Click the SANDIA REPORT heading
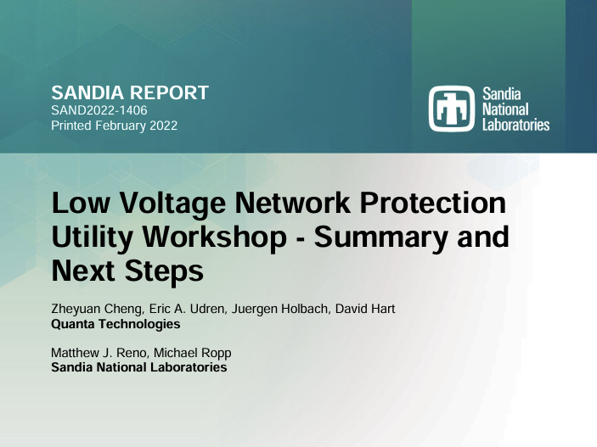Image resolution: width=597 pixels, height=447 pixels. point(130,92)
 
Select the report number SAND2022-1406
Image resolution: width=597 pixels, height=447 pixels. point(99,110)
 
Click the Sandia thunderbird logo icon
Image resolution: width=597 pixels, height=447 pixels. point(452,109)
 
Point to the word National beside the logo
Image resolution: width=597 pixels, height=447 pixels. point(505,109)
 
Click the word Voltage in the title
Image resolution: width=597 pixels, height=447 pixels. point(173,204)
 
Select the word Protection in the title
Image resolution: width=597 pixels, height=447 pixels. point(433,203)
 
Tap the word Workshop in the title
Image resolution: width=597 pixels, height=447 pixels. point(214,237)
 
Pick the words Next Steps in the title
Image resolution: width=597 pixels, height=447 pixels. point(127,271)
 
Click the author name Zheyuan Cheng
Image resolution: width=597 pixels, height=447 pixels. point(98,309)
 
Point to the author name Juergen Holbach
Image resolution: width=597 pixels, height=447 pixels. point(280,309)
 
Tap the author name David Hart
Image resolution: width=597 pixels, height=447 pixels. point(365,309)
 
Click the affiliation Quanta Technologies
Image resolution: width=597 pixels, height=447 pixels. point(115,324)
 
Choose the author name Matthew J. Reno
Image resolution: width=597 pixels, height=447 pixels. point(99,353)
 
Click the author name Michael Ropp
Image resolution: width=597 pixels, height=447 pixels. point(192,353)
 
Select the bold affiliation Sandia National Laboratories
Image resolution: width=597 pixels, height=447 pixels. point(139,367)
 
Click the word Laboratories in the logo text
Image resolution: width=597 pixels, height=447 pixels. point(516,125)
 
